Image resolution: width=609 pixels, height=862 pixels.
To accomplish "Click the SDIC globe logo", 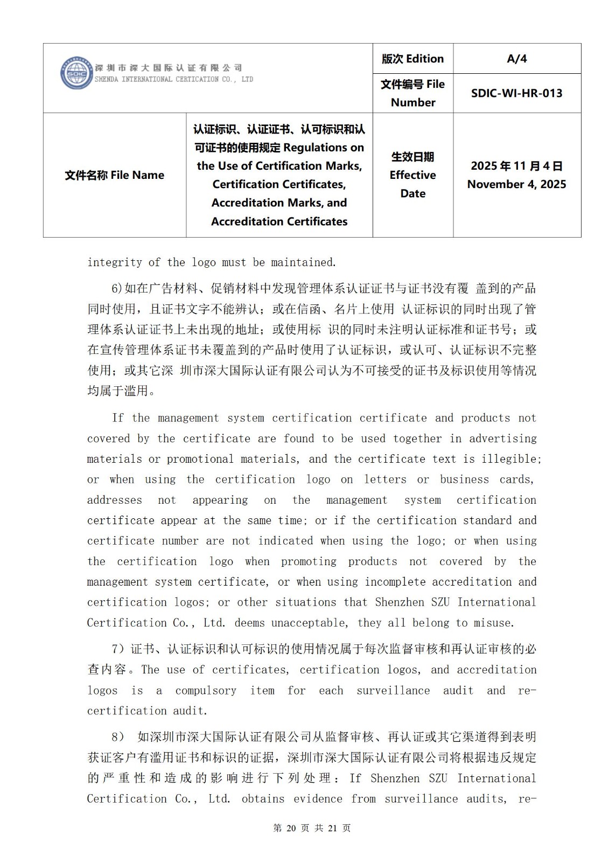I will tap(76, 73).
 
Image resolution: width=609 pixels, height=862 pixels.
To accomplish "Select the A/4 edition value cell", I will tap(516, 59).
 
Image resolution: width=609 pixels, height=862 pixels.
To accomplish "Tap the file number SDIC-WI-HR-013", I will tap(516, 93).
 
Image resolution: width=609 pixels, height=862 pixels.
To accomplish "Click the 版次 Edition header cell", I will tap(412, 59).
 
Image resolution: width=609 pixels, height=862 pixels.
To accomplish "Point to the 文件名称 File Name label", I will tap(114, 175).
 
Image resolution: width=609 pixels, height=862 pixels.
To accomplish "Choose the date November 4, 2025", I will tap(516, 184).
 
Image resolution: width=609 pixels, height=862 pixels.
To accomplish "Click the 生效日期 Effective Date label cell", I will tap(412, 175).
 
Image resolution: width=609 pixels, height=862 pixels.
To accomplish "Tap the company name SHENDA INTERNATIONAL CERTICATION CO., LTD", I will tap(173, 79).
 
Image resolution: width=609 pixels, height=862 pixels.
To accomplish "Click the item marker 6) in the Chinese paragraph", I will tap(117, 289).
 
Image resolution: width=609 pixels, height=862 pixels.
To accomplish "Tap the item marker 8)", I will tap(117, 737).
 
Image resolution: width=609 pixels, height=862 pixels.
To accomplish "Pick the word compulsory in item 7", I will tap(206, 691).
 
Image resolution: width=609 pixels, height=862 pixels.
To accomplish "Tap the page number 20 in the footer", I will tap(291, 828).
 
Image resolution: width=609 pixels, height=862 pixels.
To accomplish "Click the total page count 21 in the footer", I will tap(332, 828).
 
